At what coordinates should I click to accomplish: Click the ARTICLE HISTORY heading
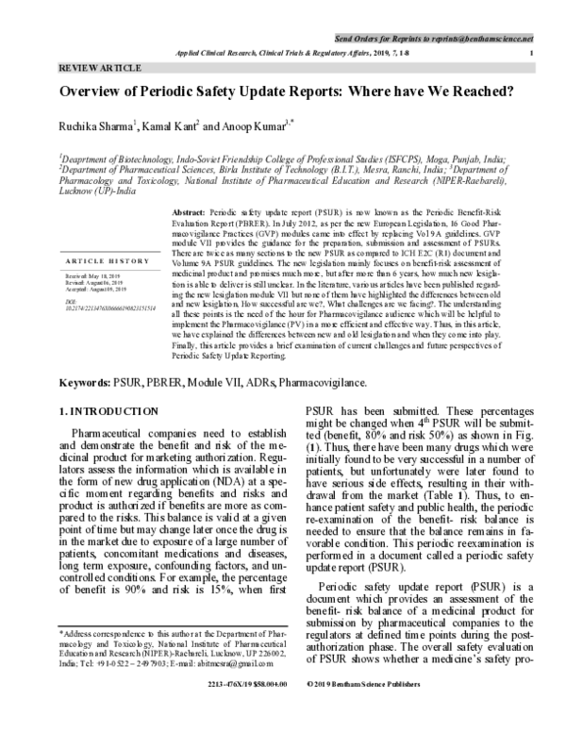(99, 259)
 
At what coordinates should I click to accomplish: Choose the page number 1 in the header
(534, 53)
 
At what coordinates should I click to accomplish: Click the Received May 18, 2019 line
(95, 276)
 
